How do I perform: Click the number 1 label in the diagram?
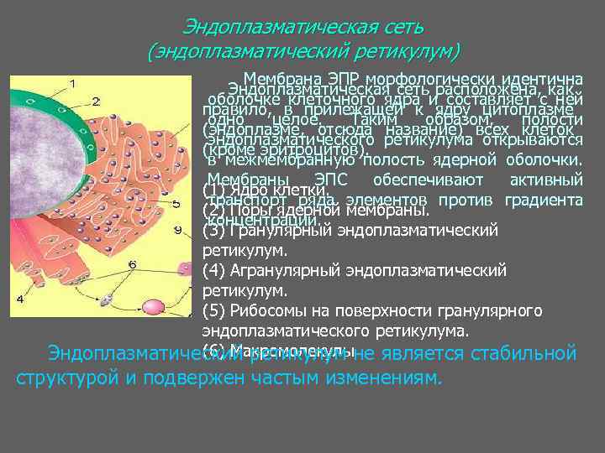[x=73, y=83]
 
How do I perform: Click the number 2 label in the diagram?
[x=96, y=102]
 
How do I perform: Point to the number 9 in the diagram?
[x=177, y=229]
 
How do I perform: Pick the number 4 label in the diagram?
[x=20, y=299]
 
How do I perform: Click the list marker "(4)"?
[x=214, y=270]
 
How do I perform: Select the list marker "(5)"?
[x=214, y=311]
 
